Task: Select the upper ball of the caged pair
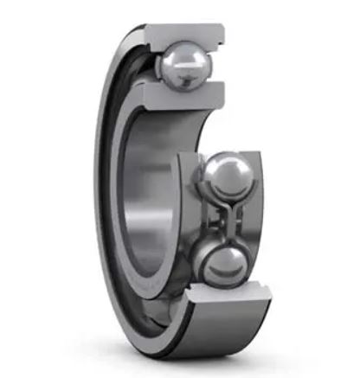tap(226, 176)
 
